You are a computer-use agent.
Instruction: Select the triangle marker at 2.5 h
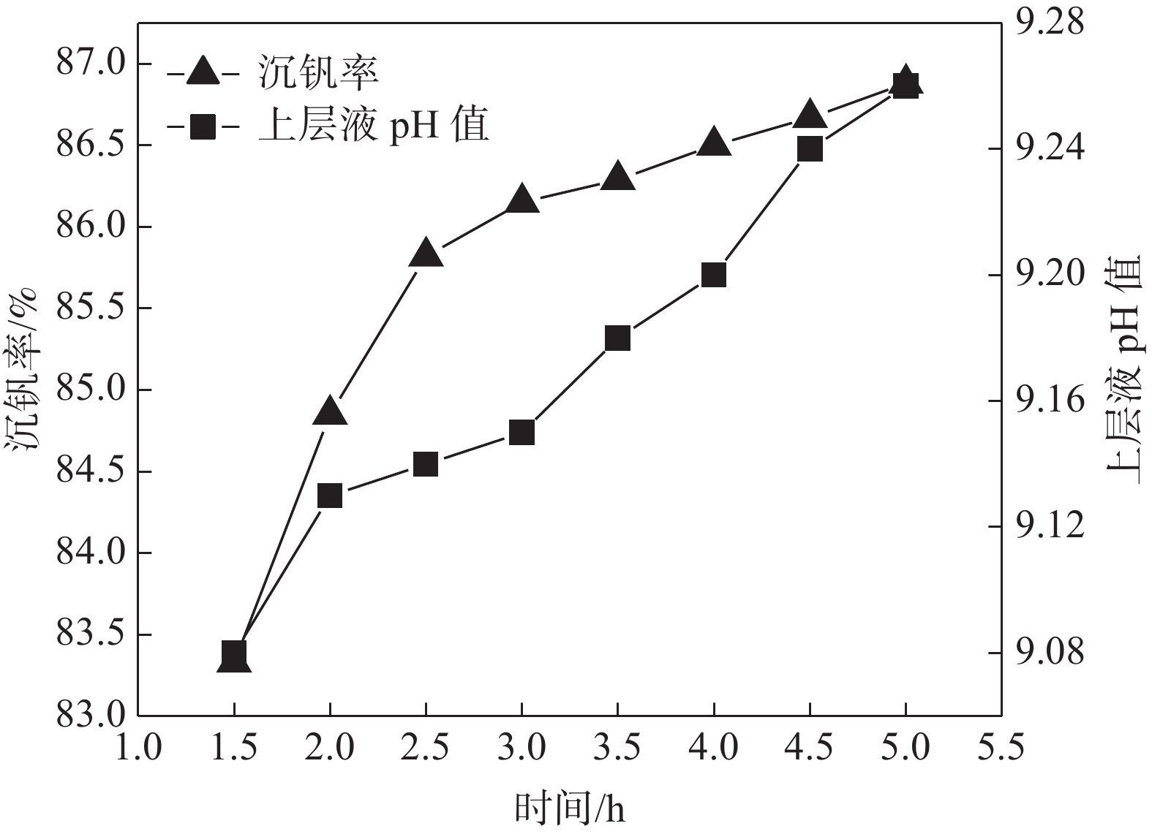point(426,254)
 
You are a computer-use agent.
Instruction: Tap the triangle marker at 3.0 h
point(522,200)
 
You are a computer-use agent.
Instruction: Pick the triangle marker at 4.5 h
point(810,115)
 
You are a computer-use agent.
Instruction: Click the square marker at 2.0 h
point(330,496)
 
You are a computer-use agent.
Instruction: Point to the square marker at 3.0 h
point(522,433)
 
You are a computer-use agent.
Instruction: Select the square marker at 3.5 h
point(618,338)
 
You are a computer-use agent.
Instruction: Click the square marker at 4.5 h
point(810,150)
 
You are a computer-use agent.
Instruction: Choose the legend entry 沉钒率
point(317,73)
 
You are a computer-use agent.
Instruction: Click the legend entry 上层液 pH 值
point(373,127)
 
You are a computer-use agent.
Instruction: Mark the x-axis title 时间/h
point(570,808)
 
